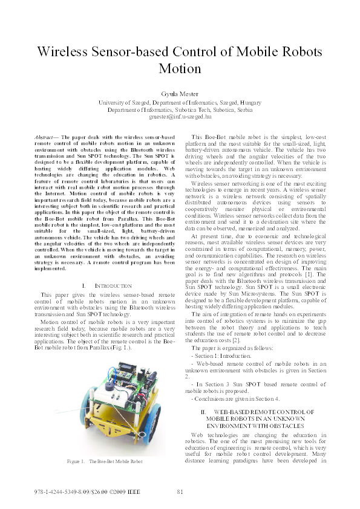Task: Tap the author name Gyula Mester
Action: pos(180,94)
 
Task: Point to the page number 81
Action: pos(180,491)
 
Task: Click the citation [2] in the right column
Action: pos(225,341)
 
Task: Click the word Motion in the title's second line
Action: pos(180,68)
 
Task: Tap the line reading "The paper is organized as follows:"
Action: pos(231,348)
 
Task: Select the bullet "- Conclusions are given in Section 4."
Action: pos(235,398)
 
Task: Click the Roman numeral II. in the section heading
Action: pos(204,412)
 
